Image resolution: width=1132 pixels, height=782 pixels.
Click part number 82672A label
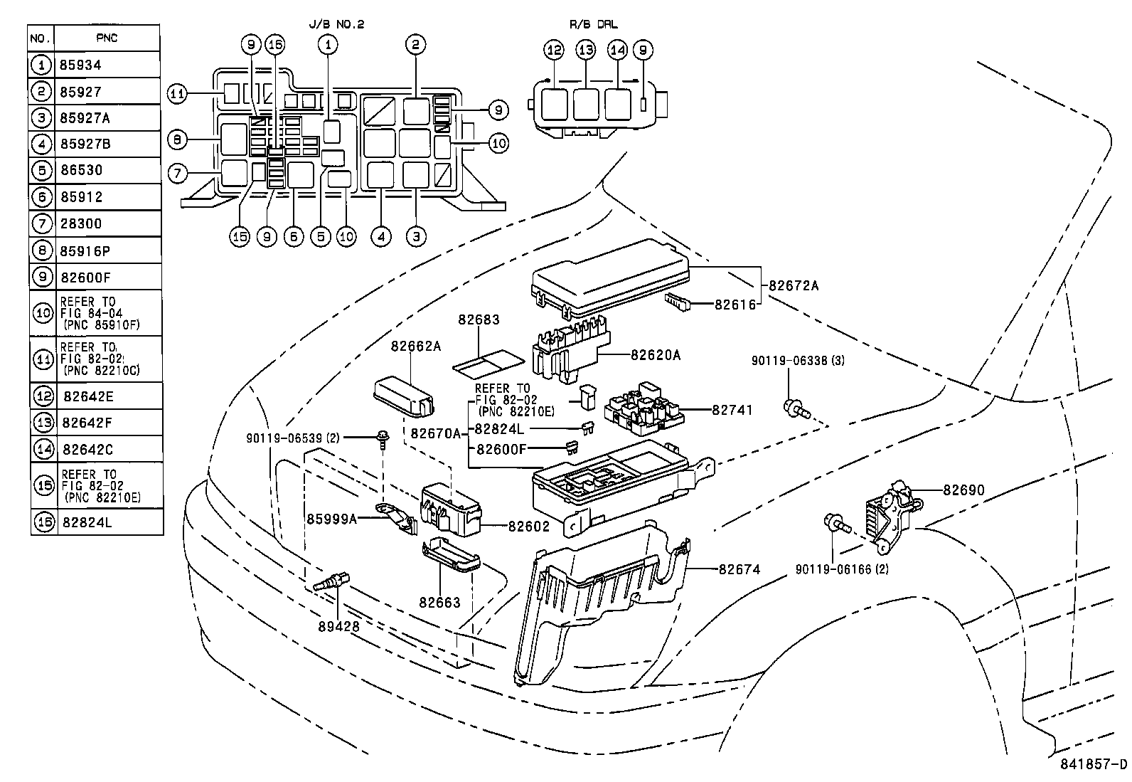tap(794, 286)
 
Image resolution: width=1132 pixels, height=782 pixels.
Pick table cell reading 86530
tap(82, 171)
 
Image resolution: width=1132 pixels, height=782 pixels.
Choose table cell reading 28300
tap(82, 223)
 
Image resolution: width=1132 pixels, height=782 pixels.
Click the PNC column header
tap(107, 38)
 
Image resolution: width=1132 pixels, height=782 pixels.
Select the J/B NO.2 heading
tap(336, 24)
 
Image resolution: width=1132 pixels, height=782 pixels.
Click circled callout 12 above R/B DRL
tap(554, 50)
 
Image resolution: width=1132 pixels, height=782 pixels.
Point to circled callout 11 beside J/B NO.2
tap(178, 93)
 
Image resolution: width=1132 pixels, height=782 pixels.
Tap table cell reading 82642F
tap(87, 423)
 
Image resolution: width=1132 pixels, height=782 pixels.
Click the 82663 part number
tap(439, 602)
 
